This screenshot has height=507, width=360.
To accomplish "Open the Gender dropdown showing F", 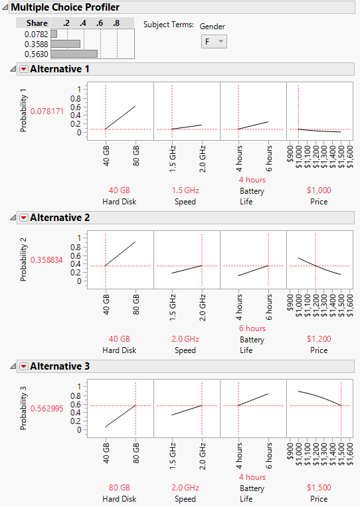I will click(x=213, y=41).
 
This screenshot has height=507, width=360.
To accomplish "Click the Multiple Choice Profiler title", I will click(x=65, y=7).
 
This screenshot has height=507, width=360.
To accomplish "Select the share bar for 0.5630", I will click(x=74, y=54).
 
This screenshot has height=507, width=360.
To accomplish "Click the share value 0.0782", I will click(x=37, y=33).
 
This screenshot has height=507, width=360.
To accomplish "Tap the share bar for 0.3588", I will click(x=66, y=44).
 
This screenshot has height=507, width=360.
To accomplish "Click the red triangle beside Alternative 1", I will click(x=23, y=69).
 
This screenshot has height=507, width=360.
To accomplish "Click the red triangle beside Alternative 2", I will click(x=23, y=218).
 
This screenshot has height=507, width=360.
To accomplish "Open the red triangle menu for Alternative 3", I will click(x=23, y=366).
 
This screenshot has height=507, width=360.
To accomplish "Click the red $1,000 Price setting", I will click(x=319, y=190).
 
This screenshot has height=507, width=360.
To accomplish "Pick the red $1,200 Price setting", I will click(x=319, y=339).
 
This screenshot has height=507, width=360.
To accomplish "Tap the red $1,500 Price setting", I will click(x=319, y=488).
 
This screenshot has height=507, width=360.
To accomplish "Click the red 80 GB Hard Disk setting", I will click(x=120, y=488).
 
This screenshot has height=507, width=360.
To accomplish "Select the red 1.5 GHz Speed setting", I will click(x=186, y=190).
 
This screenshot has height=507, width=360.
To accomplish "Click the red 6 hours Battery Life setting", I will click(x=252, y=328).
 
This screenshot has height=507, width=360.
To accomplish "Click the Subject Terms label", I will click(x=169, y=25).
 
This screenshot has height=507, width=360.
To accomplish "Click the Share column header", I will click(x=37, y=23).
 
